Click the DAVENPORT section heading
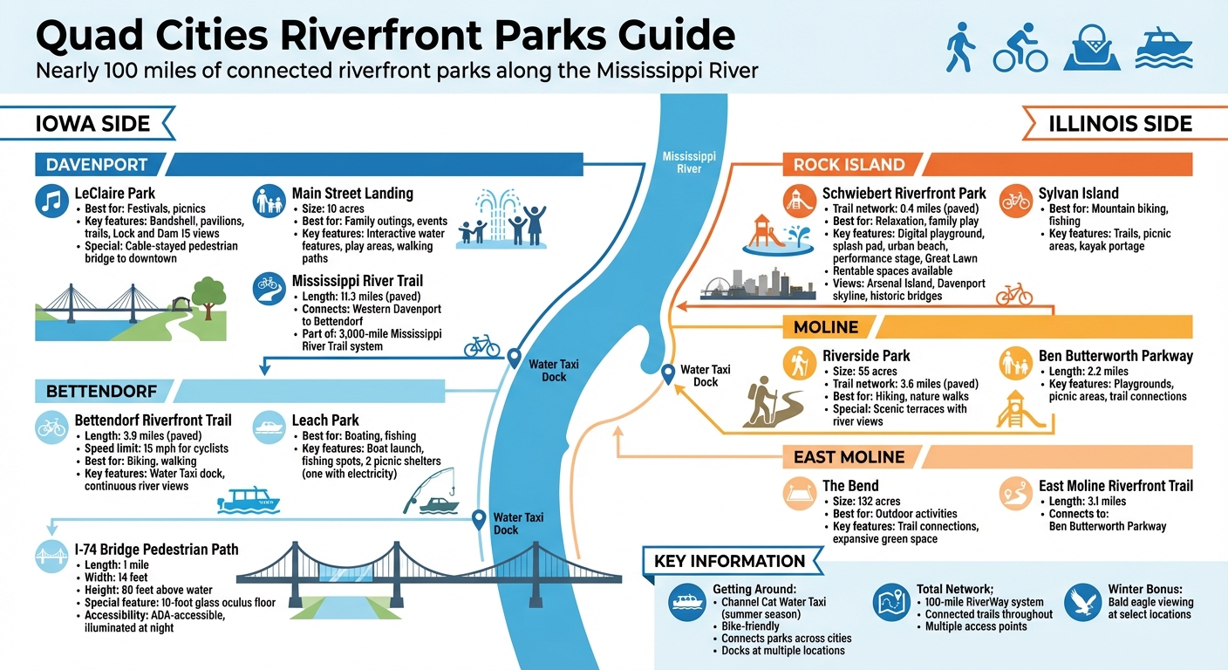pyautogui.click(x=97, y=164)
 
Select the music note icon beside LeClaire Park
pyautogui.click(x=51, y=202)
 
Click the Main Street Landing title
pyautogui.click(x=352, y=194)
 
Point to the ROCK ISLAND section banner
pyautogui.click(x=849, y=164)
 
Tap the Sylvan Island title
pyautogui.click(x=1078, y=194)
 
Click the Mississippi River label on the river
pyautogui.click(x=689, y=162)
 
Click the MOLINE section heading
pyautogui.click(x=826, y=327)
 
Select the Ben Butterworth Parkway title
pyautogui.click(x=1115, y=356)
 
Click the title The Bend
pyautogui.click(x=850, y=486)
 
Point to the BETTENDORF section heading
pyautogui.click(x=101, y=391)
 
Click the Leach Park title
pyautogui.click(x=325, y=420)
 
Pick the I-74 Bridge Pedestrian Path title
pyautogui.click(x=156, y=550)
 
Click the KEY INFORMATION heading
pyautogui.click(x=729, y=561)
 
